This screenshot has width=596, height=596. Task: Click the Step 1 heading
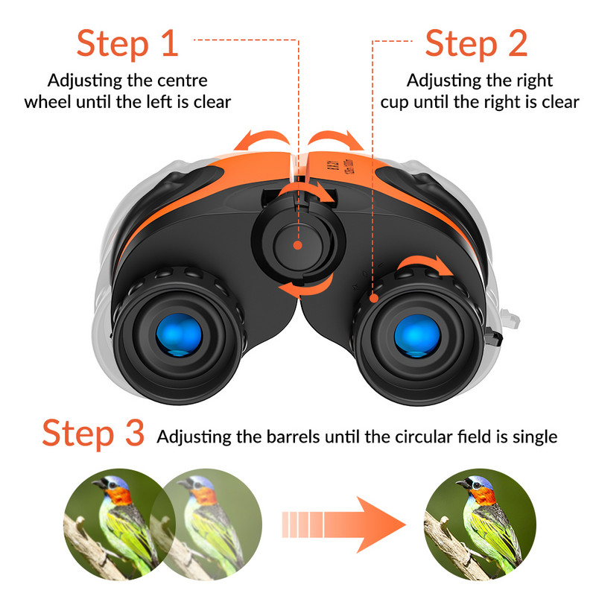point(127,44)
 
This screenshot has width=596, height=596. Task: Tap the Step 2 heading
point(476,44)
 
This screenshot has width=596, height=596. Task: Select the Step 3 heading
point(93,434)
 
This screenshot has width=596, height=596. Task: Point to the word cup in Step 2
point(394,104)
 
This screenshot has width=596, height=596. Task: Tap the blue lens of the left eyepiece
point(179,335)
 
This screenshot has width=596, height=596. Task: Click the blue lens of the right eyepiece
point(417,336)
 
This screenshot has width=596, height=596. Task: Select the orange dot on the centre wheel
point(297,245)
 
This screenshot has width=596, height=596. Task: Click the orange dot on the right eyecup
point(375,298)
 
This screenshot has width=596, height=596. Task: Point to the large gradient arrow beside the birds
point(343,524)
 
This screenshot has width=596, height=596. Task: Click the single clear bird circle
point(480,524)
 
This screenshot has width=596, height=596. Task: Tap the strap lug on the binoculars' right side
point(494,337)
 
